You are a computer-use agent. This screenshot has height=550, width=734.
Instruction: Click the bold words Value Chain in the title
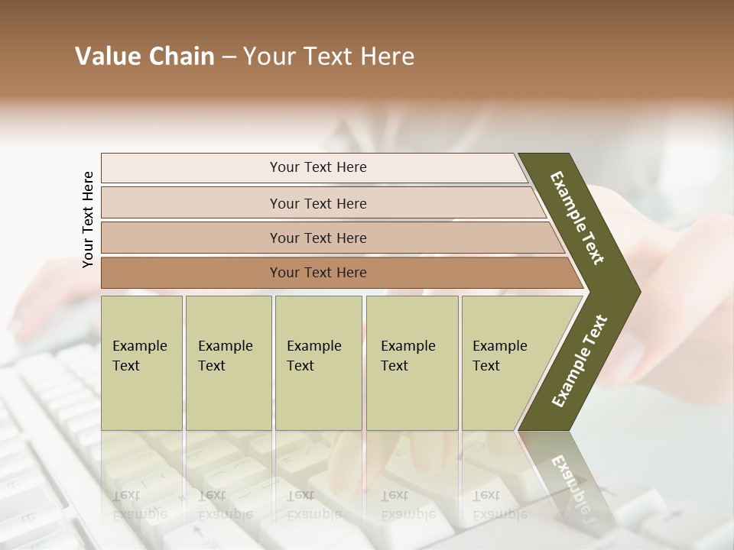point(145,57)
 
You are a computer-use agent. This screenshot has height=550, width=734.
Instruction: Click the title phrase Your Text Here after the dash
point(329,57)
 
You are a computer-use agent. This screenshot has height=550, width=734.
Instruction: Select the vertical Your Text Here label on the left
point(88,219)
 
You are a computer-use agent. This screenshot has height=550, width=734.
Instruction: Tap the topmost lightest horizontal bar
point(318,167)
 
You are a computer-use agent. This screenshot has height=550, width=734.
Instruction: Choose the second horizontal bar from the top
point(318,203)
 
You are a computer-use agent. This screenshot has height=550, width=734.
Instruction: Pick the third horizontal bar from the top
point(318,238)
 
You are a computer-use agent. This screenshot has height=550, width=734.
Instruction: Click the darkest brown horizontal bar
point(318,273)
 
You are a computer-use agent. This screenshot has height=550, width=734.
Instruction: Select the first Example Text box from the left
point(141,362)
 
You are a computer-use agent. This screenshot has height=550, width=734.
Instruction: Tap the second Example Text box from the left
point(228,362)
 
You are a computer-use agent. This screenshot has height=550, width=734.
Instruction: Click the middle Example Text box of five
point(318,362)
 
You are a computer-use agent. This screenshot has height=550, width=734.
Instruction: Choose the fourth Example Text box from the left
point(411,362)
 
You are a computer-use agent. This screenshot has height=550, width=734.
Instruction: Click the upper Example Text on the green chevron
point(577,218)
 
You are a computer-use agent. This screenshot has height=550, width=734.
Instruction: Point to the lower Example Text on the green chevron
point(580,361)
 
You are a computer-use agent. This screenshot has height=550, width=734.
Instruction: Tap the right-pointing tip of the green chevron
point(635,292)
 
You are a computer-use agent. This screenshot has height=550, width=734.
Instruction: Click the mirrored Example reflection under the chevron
point(570,477)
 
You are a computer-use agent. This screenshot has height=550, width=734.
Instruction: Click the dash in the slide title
point(229,57)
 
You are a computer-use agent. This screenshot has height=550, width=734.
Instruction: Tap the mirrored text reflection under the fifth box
point(500,504)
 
